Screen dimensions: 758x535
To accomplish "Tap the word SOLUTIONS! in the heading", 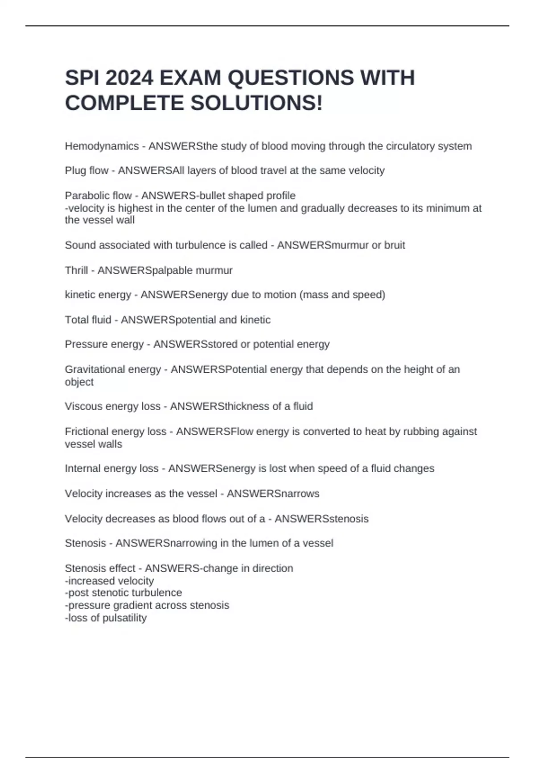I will [256, 103].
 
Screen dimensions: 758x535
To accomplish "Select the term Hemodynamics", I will [102, 146].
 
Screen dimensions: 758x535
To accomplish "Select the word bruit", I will [394, 245].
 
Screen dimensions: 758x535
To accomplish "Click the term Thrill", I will [76, 270].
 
